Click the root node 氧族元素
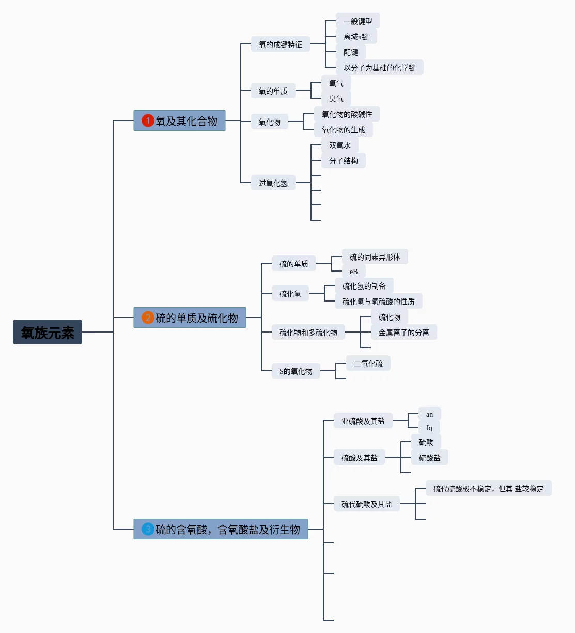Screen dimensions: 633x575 coord(48,332)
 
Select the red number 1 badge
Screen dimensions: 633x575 coord(148,120)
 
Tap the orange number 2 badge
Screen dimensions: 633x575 coord(148,318)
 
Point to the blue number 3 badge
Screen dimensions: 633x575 coord(148,529)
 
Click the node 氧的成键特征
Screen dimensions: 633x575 coord(280,44)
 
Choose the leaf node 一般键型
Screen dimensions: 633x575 coord(358,21)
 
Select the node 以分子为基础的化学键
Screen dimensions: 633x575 coord(379,68)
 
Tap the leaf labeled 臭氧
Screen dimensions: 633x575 coord(336,99)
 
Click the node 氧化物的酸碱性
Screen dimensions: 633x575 coord(347,114)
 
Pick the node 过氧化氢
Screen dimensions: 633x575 coord(273,183)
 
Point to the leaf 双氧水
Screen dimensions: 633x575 coord(339,145)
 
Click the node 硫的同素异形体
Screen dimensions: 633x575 coord(375,257)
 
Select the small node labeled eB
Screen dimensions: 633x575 coord(353,272)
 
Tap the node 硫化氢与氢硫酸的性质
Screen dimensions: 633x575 coord(378,302)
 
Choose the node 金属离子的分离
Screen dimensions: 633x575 coord(403,333)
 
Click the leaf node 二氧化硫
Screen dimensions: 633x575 coord(368,364)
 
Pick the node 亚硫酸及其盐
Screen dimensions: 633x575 coord(363,421)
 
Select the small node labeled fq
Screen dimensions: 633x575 coord(429,428)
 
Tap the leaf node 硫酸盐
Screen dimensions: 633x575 coord(429,458)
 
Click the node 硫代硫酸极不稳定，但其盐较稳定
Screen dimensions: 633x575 coord(488,489)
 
